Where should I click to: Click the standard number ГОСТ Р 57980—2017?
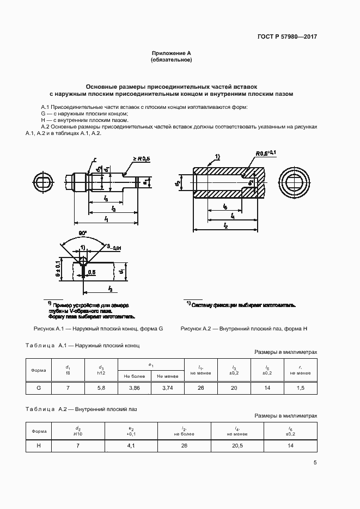(286, 36)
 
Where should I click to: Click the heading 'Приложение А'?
(171, 53)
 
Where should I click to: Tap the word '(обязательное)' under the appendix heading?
(171, 60)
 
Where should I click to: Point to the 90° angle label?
(82, 233)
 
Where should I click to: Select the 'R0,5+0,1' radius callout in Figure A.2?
(265, 153)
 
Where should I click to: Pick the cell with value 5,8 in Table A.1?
(101, 388)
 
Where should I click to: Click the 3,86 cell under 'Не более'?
(134, 388)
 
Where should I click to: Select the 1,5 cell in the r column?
(300, 388)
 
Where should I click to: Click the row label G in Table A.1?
(39, 388)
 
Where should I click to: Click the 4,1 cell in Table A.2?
(130, 445)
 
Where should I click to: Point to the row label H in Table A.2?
(39, 445)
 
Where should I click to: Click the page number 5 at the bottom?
(315, 463)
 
